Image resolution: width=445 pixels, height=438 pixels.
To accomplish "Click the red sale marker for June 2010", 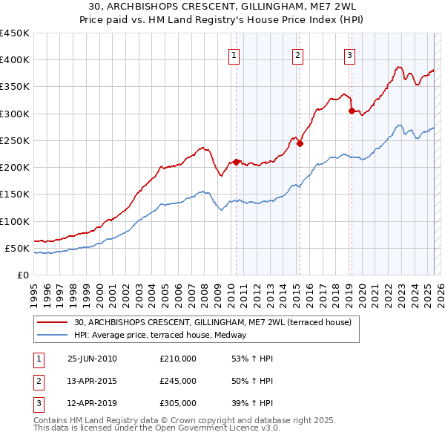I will coord(237,162).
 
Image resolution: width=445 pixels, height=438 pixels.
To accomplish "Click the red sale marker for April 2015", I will coord(300,143).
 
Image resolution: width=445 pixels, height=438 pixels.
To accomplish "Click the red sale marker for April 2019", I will coord(352,111).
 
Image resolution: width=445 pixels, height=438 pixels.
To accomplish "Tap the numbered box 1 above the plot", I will coord(234,54).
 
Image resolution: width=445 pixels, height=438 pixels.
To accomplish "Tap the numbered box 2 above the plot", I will coord(297,54).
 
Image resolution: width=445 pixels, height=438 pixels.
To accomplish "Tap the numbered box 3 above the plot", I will coord(349,54).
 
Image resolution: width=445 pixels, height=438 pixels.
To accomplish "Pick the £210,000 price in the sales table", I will coord(177,359).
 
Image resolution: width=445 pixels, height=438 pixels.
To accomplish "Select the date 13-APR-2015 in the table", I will coord(92,381).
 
